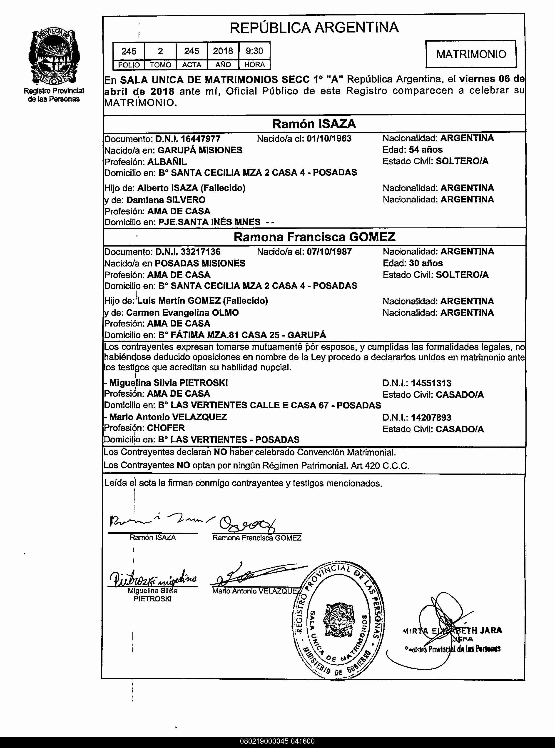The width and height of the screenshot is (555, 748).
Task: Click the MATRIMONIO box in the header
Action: pyautogui.click(x=471, y=54)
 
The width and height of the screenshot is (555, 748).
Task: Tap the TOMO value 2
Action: pyautogui.click(x=160, y=51)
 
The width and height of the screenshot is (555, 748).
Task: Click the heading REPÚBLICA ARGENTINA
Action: pyautogui.click(x=314, y=27)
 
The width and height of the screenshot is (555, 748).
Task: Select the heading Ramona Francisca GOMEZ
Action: pyautogui.click(x=314, y=237)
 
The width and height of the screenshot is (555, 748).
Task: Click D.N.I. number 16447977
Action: pyautogui.click(x=201, y=139)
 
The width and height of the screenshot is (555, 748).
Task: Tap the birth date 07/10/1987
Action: pyautogui.click(x=329, y=252)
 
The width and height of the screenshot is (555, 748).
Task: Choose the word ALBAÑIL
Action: pyautogui.click(x=167, y=162)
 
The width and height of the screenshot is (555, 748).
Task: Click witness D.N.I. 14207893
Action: pyautogui.click(x=431, y=417)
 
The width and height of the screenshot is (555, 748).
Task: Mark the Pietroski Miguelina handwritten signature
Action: pyautogui.click(x=153, y=579)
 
